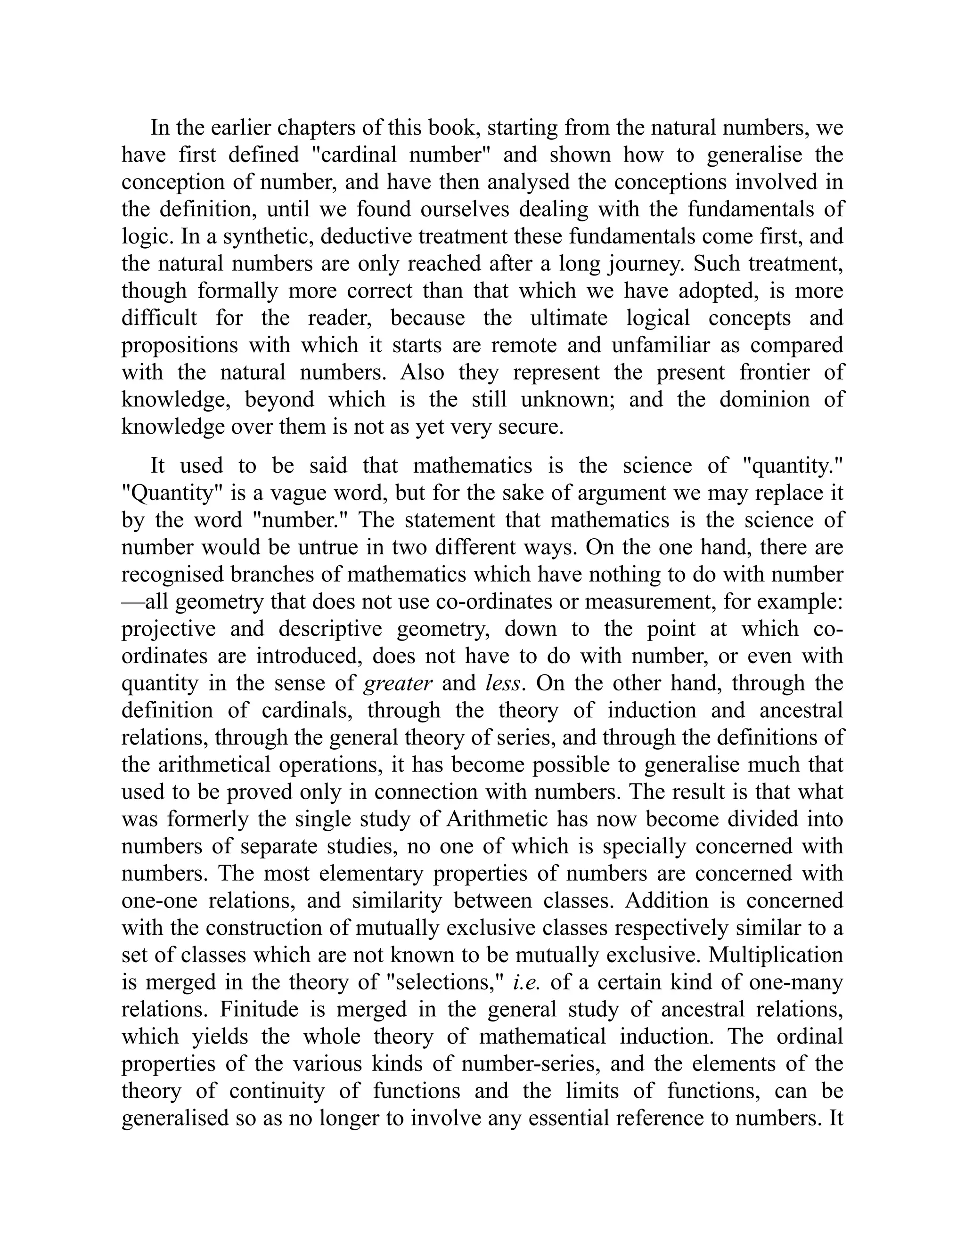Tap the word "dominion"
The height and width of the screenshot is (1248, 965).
click(x=764, y=399)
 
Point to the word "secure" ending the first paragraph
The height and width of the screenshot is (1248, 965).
click(x=529, y=427)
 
